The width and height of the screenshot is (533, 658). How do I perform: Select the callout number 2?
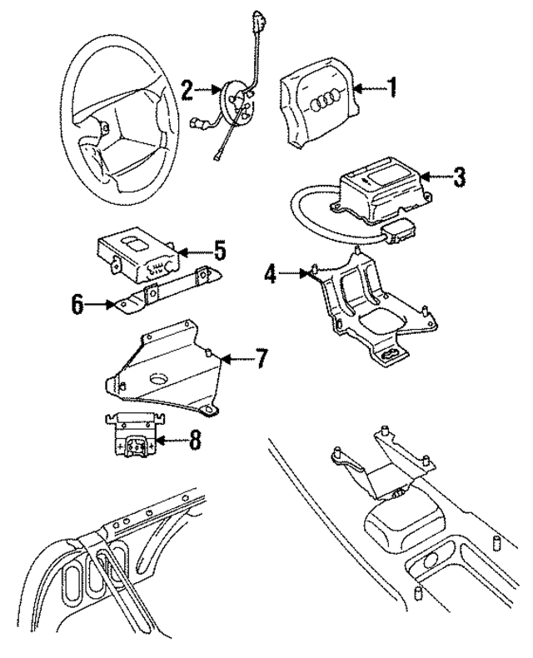tap(188, 88)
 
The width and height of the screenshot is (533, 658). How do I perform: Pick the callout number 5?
tap(220, 249)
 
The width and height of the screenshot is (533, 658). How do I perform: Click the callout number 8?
tap(194, 441)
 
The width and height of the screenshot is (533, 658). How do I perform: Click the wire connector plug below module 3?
tap(401, 228)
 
